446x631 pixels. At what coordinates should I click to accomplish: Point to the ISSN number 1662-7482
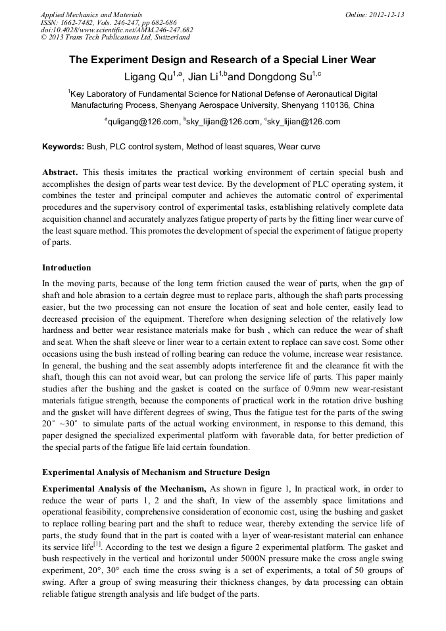[77, 22]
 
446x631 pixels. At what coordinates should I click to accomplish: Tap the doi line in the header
[116, 30]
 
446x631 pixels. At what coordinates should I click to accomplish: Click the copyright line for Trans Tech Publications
[115, 38]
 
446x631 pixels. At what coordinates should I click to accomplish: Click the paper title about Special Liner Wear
[222, 60]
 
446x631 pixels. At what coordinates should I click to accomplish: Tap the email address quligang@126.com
[142, 122]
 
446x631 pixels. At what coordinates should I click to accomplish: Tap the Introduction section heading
[66, 268]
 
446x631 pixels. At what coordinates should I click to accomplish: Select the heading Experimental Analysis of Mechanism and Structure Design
[155, 472]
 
